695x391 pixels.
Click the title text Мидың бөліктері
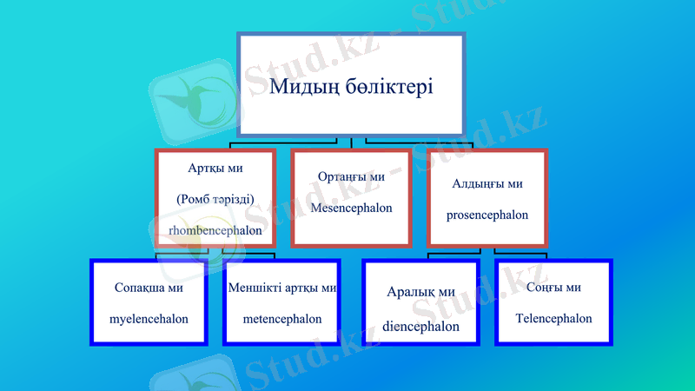click(351, 87)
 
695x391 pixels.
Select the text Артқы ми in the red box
click(215, 168)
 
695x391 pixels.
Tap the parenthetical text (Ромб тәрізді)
click(215, 199)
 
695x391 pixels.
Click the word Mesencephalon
click(351, 209)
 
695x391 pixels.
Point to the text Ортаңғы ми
click(351, 177)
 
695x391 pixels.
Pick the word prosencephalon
click(487, 215)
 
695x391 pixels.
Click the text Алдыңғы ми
click(487, 183)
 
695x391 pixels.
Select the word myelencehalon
click(149, 319)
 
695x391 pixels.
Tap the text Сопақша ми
click(149, 287)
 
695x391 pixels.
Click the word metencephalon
click(282, 319)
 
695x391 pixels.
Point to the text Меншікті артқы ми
click(282, 287)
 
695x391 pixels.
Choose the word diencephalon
click(420, 327)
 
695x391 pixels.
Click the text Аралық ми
click(420, 292)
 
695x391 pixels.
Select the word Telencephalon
click(553, 318)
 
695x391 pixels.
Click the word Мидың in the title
click(302, 87)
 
